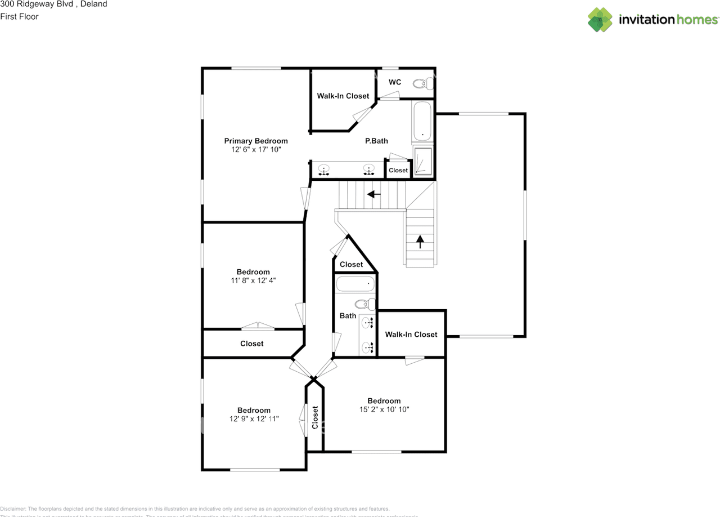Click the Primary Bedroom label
point(256,141)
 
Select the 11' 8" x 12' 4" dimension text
point(253,280)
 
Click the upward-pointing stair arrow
point(420,240)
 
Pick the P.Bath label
point(376,141)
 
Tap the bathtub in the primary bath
point(422,121)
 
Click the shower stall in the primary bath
point(423,162)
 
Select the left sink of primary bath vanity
point(324,168)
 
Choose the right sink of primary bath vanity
point(369,168)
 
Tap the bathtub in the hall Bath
point(355,284)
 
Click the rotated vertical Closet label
point(315,418)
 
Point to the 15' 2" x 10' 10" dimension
point(384,409)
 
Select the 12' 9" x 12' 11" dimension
point(254,419)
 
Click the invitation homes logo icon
point(600,20)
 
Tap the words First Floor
point(19,16)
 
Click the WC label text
point(395,82)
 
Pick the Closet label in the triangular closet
point(352,265)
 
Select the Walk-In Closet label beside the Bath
point(411,335)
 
